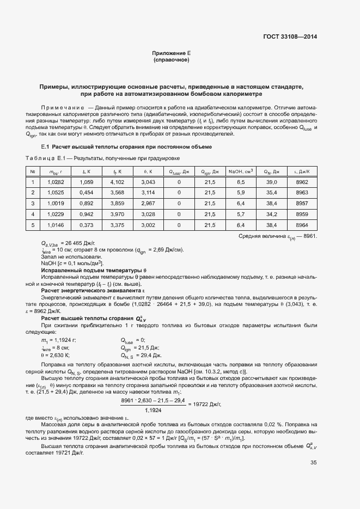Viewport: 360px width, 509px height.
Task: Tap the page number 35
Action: click(x=313, y=462)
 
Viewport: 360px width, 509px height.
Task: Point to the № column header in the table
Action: click(x=33, y=171)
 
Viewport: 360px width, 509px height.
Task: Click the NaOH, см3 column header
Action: click(x=240, y=171)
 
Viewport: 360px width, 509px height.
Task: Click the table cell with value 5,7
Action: click(x=241, y=214)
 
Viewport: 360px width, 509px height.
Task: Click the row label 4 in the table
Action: click(x=33, y=214)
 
